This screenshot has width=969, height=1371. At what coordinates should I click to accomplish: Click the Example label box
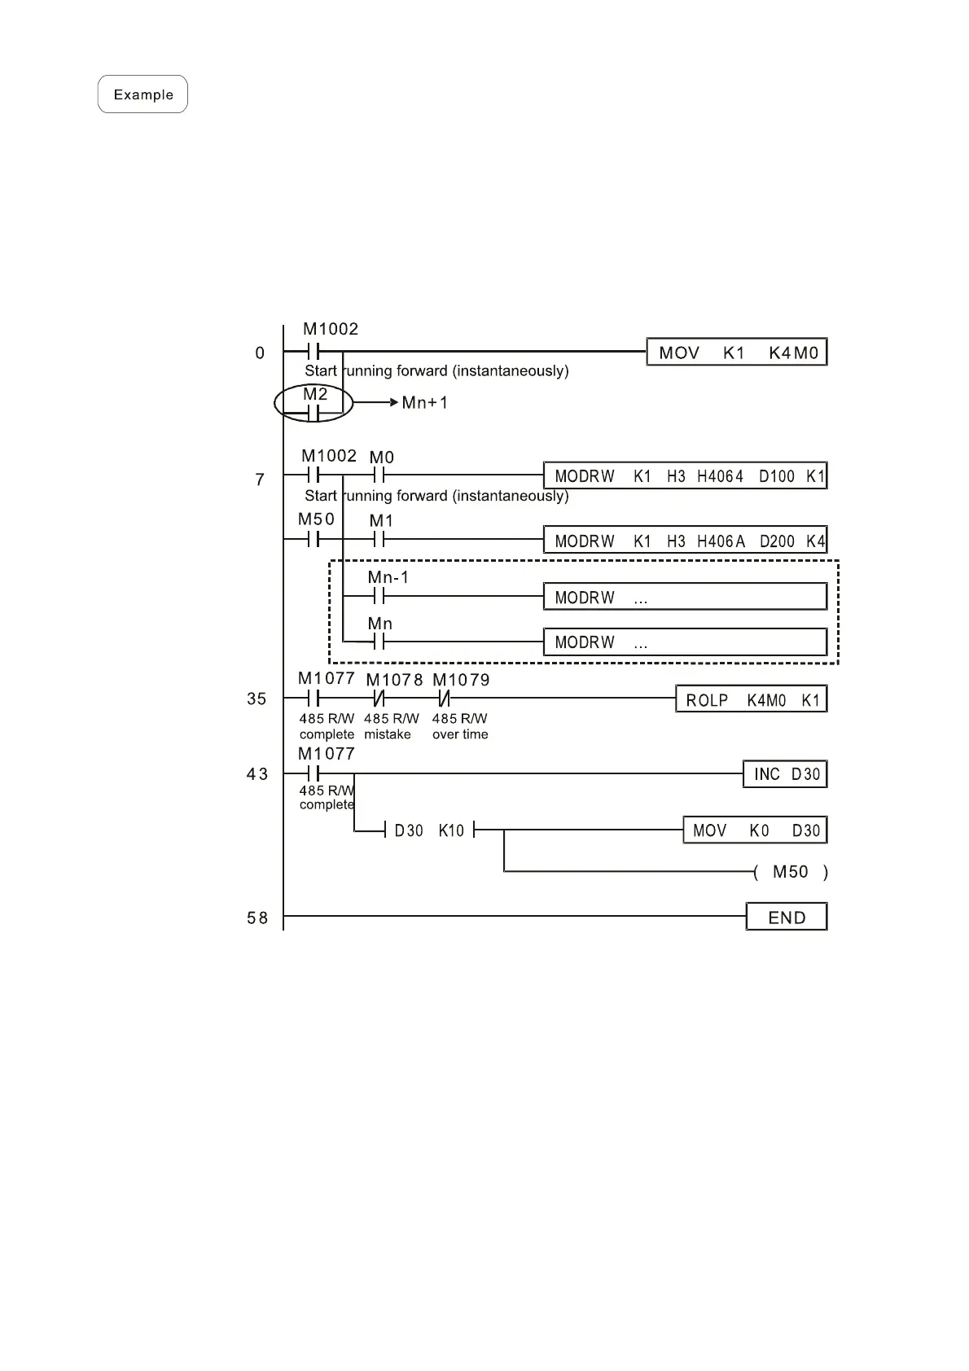coord(142,94)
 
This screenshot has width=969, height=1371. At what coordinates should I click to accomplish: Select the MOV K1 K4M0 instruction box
coord(737,353)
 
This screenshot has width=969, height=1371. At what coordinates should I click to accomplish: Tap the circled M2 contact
coord(314,404)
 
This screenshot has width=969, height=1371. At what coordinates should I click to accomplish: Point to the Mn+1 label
coord(424,403)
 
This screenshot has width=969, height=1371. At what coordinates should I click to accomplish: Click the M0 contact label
coord(382,458)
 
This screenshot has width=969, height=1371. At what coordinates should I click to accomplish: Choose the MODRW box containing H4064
coord(685,476)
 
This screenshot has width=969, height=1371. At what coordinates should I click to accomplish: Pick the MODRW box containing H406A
coord(685,541)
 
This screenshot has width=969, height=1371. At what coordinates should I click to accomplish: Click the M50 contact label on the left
coord(316,519)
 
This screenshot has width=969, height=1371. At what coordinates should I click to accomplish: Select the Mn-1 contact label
coord(388,577)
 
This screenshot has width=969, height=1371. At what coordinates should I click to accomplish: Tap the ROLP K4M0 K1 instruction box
coord(751,700)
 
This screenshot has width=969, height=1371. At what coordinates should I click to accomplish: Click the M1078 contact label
coord(394,680)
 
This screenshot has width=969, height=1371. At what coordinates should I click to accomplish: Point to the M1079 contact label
coord(461,680)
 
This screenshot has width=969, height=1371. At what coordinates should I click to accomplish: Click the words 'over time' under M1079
coord(460,734)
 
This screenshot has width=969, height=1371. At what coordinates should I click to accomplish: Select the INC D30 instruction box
coord(785,774)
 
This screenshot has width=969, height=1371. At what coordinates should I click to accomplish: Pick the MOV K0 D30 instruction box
coord(755,830)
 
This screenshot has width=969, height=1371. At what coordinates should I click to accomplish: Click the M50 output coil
coord(790,872)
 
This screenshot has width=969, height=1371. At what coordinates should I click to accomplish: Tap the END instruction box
coord(787,918)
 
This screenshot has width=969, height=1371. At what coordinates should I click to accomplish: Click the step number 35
coord(256,699)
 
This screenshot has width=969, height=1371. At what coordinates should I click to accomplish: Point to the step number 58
coord(257,918)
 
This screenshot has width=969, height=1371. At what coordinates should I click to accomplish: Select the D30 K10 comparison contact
coord(429,830)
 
